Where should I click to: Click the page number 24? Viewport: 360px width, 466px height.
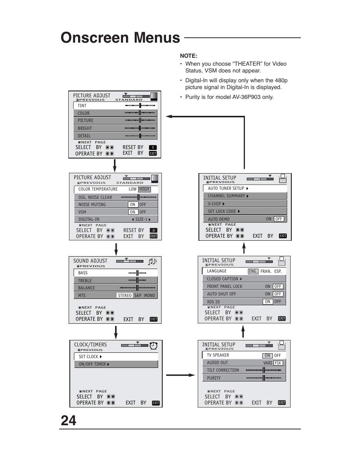(x=68, y=420)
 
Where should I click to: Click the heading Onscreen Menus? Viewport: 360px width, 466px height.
(x=120, y=38)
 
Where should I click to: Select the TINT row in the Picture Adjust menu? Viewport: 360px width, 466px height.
(x=115, y=106)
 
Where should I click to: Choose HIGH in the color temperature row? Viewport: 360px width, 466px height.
(x=144, y=189)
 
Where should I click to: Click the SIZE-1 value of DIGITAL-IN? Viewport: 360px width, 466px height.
(x=141, y=219)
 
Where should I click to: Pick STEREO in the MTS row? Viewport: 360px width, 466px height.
(x=125, y=295)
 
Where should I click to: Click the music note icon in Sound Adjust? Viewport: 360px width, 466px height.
(x=152, y=261)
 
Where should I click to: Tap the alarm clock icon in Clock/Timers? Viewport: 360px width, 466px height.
(x=154, y=346)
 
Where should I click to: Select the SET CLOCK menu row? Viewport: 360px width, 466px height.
(x=115, y=357)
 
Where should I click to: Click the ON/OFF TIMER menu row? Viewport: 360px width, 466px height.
(x=115, y=364)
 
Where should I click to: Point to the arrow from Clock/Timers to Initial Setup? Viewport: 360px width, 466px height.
(x=180, y=375)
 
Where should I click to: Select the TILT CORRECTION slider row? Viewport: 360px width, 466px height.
(x=244, y=370)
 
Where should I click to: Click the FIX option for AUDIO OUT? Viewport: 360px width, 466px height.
(x=278, y=363)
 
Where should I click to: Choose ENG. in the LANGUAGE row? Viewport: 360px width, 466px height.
(x=253, y=271)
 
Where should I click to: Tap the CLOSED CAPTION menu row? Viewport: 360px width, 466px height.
(x=244, y=279)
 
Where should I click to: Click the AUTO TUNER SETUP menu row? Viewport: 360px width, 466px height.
(x=245, y=188)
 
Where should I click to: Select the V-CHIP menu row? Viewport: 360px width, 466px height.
(x=245, y=203)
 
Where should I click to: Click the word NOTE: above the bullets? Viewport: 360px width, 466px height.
(x=188, y=56)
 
